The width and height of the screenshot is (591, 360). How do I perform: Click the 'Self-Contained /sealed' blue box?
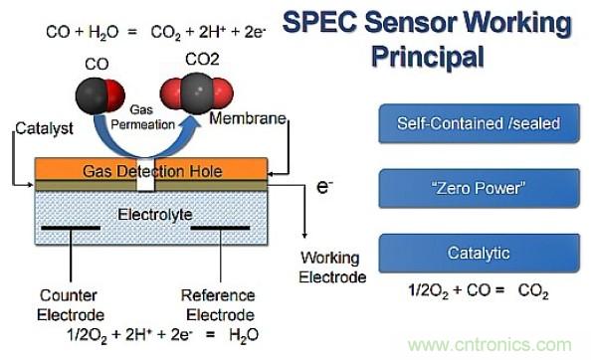[479, 123]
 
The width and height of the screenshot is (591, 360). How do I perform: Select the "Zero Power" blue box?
[479, 188]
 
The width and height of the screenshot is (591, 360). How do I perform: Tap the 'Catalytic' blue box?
[479, 253]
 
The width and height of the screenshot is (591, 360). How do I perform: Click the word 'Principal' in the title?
[428, 57]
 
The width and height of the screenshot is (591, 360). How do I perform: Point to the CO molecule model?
[99, 95]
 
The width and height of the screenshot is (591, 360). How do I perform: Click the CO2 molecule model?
[197, 93]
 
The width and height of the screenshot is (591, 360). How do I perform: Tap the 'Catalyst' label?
[44, 129]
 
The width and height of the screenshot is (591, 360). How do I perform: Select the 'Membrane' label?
[248, 118]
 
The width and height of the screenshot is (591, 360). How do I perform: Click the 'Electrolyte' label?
[155, 215]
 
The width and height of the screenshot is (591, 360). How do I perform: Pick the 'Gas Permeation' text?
[142, 117]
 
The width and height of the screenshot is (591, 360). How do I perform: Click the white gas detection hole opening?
[145, 174]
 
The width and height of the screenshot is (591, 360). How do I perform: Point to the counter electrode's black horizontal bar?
[71, 228]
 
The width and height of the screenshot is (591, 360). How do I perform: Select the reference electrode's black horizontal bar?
[220, 228]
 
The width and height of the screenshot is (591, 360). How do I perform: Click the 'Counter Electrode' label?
[71, 305]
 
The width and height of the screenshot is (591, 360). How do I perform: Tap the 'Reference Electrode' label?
[219, 305]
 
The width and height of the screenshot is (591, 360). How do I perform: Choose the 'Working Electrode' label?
[332, 268]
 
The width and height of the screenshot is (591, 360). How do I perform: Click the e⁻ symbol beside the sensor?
[324, 187]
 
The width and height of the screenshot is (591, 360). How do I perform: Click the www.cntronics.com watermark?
[490, 344]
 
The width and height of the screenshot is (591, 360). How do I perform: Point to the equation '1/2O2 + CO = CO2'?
[479, 291]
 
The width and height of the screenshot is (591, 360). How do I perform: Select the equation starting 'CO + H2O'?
[156, 32]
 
